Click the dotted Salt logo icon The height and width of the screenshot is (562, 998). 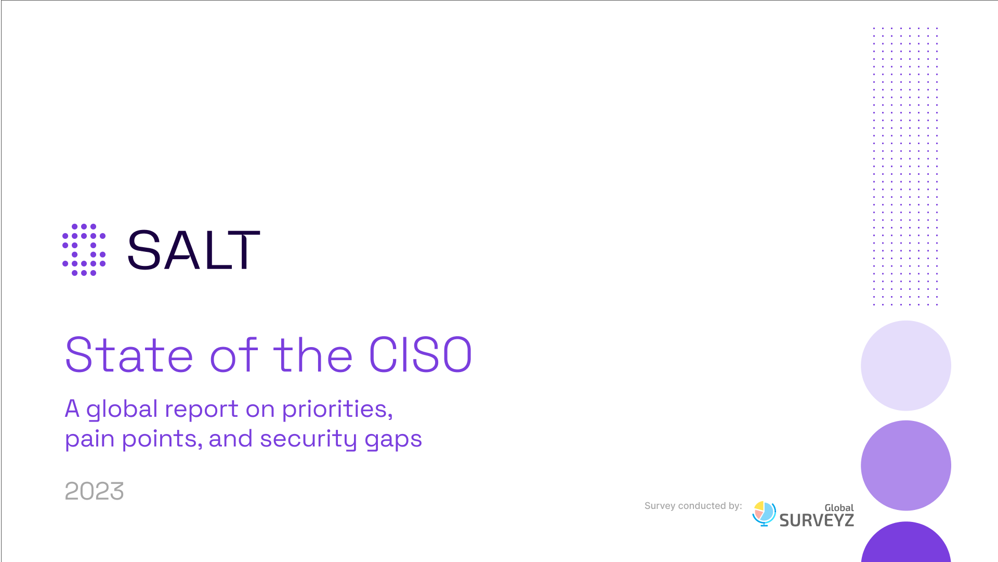point(84,250)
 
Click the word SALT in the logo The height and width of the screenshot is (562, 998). point(193,250)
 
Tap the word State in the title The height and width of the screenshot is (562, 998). point(129,355)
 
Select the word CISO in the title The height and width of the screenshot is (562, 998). point(421,355)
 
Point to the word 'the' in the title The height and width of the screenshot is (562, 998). point(313,354)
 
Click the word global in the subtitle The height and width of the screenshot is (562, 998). point(122,410)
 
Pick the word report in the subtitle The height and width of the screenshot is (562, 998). point(201,410)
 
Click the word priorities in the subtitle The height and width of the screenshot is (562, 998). point(337,410)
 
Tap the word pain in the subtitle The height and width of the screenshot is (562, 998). point(89,439)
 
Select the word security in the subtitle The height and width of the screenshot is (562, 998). point(309,439)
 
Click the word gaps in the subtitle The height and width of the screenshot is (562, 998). point(393,440)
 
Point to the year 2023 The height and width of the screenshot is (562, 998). point(94,491)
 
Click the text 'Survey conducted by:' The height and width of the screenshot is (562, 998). point(693,506)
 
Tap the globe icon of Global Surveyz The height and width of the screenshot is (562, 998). point(764,514)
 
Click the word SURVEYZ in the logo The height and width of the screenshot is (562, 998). point(817,520)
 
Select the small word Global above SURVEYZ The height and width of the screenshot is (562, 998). point(839,508)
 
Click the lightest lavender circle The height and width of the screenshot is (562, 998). point(906,365)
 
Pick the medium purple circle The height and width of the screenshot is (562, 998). point(906,465)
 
